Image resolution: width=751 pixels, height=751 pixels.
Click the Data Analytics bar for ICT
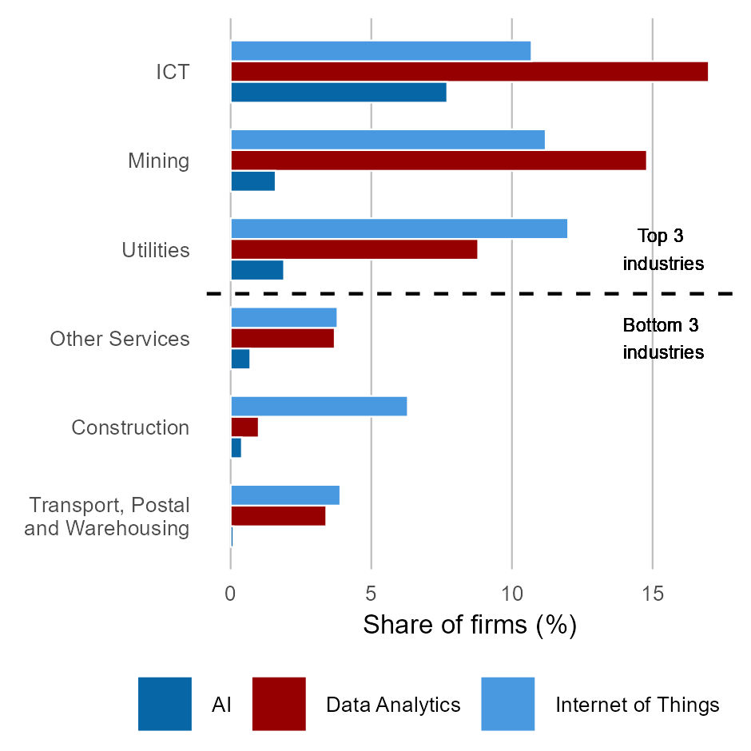469,71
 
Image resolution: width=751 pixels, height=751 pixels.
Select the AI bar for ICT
338,92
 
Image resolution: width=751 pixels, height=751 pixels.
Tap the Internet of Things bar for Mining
387,139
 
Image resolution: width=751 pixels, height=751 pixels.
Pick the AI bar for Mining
252,181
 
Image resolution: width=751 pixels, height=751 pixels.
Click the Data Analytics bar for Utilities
354,249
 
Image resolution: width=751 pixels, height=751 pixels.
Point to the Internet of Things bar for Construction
319,406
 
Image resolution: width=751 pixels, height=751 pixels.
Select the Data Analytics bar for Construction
244,427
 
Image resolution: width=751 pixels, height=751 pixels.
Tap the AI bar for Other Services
240,360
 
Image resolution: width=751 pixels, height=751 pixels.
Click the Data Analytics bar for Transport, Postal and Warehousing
278,516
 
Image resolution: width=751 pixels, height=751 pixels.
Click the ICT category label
173,72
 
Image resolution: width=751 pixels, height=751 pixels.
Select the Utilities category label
156,250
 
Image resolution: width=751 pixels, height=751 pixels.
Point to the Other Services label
120,339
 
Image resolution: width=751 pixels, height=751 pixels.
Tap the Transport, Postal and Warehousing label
109,517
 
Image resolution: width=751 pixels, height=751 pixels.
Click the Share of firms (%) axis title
469,625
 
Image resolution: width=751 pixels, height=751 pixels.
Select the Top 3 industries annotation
662,249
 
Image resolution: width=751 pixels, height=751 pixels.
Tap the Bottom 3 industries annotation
662,339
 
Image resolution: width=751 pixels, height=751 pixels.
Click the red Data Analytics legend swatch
279,704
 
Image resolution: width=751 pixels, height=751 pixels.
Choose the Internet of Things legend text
637,705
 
